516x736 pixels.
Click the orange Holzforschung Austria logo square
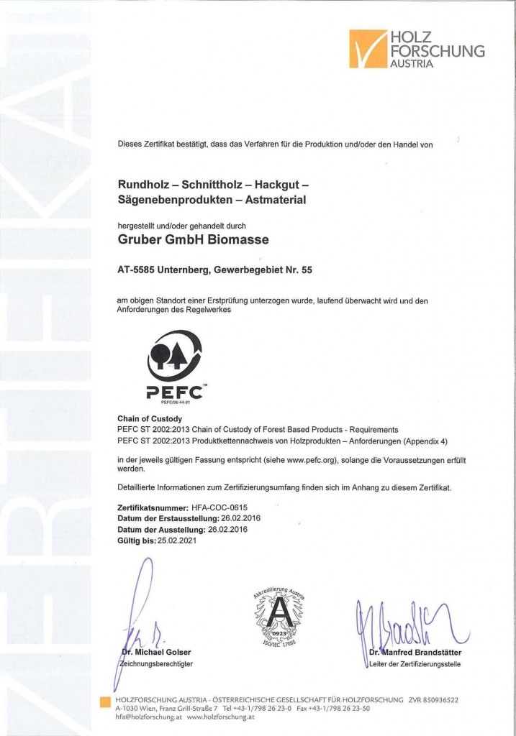pyautogui.click(x=368, y=49)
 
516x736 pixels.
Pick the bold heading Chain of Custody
pyautogui.click(x=150, y=418)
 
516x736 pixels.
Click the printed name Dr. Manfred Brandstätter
pyautogui.click(x=415, y=653)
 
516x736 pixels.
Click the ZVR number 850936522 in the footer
pyautogui.click(x=433, y=699)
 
